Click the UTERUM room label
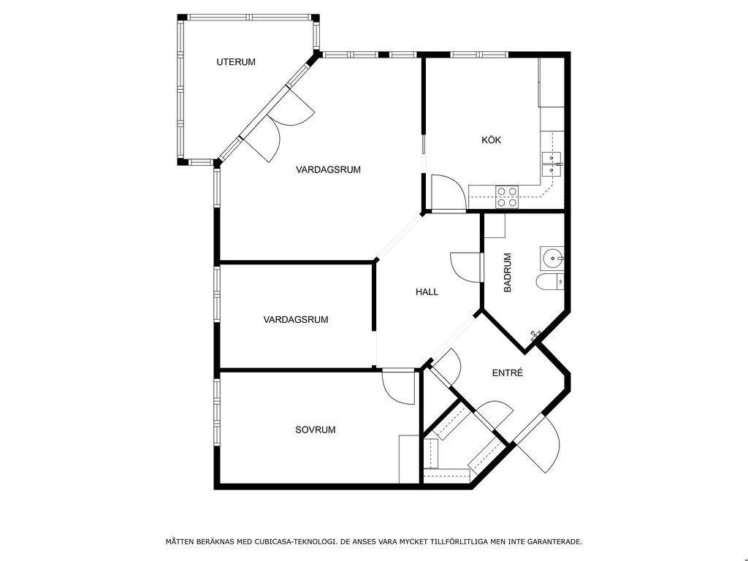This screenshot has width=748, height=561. [x=236, y=62]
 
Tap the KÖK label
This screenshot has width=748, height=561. [x=491, y=140]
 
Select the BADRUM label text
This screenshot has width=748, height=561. [x=508, y=272]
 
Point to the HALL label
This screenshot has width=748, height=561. [x=427, y=292]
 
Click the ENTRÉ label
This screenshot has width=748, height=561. [x=508, y=373]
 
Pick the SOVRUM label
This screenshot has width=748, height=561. [x=316, y=430]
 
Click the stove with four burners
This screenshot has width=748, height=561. [x=507, y=197]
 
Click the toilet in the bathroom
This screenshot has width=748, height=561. [x=550, y=282]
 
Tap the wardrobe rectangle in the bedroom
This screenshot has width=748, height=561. [x=408, y=459]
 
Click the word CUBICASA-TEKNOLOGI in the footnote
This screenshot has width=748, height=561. [x=294, y=542]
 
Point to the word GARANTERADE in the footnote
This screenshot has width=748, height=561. [x=557, y=542]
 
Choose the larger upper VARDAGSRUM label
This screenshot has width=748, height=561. [x=328, y=169]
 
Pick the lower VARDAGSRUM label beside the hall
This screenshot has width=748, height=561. [x=296, y=320]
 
